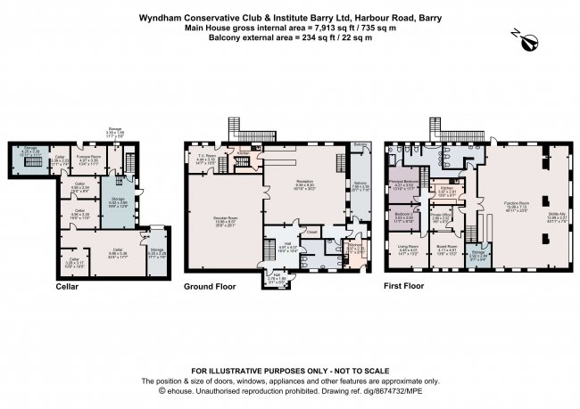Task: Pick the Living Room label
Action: point(408,249)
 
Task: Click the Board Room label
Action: point(446,249)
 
